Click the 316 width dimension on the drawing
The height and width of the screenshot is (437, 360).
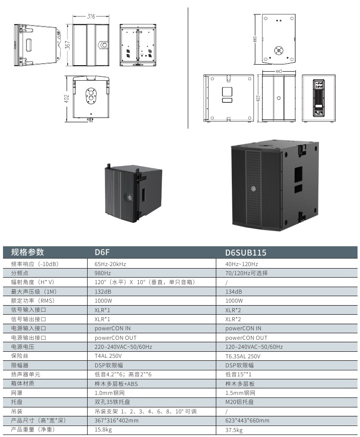coord(91,17)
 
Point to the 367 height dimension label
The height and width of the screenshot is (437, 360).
coord(67,45)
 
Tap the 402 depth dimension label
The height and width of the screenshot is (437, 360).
coord(66,99)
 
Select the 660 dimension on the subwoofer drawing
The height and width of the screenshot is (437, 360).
coord(255,39)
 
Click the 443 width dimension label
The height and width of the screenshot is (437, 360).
coord(279,71)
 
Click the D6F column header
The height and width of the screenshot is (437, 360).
coord(102,252)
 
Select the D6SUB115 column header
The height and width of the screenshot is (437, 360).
coord(246,253)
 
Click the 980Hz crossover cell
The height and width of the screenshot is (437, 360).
coord(103,273)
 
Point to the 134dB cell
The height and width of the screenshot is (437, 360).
coord(233,292)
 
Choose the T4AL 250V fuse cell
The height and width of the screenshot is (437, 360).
coord(108,356)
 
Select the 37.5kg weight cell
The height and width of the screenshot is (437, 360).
coord(234,430)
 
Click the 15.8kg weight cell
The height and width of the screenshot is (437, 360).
coord(103,430)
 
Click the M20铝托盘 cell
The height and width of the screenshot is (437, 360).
coord(239,402)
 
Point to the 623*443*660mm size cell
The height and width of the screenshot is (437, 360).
coord(247,420)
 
